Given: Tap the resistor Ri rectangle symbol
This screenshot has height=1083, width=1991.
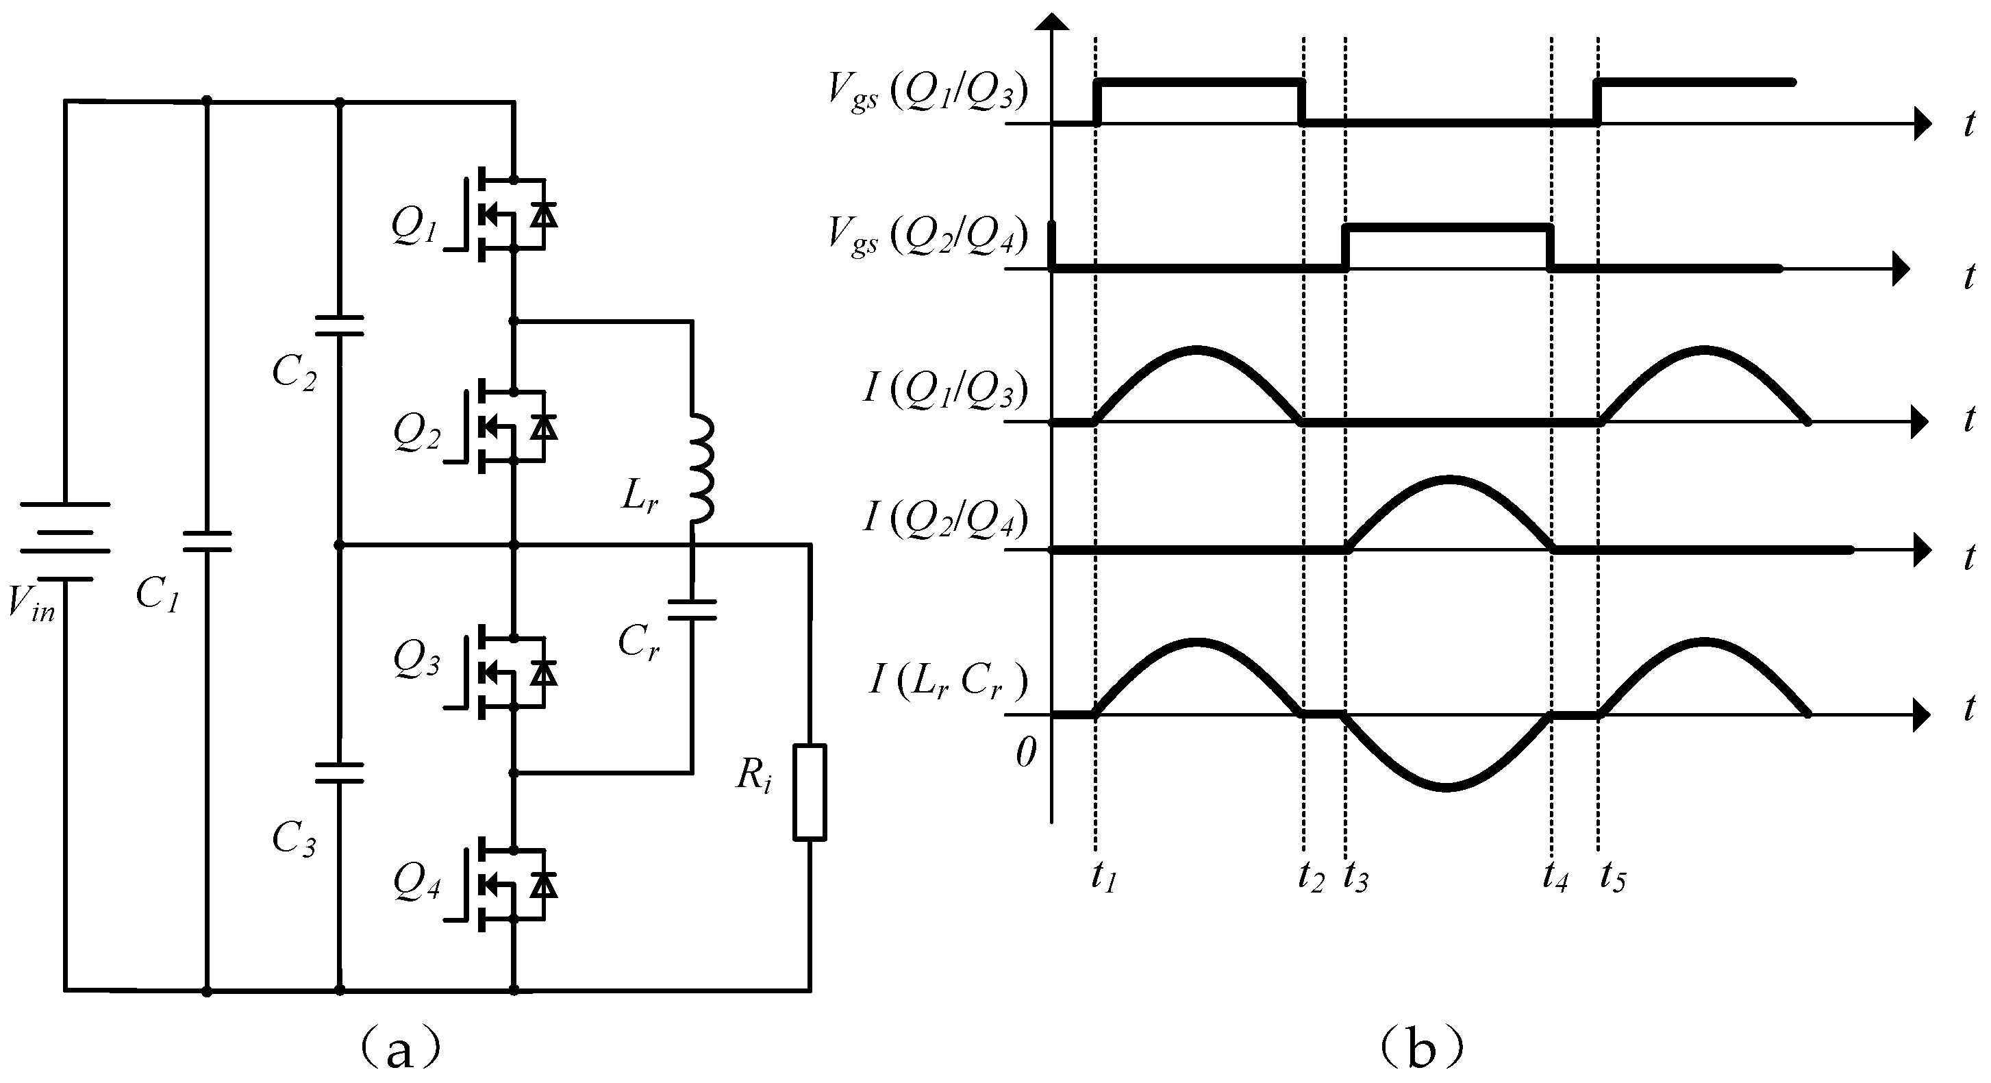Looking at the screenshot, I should tap(810, 792).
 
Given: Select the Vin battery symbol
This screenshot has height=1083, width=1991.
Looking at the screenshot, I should tap(65, 541).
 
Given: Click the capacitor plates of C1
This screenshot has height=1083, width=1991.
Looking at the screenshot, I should tap(206, 541).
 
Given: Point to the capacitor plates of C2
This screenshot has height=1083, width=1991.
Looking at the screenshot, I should tap(339, 325).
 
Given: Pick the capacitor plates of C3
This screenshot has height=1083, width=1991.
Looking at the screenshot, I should tap(339, 772).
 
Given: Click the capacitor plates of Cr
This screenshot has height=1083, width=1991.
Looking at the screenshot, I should tap(692, 610).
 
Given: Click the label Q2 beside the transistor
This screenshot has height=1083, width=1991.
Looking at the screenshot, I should tap(416, 434).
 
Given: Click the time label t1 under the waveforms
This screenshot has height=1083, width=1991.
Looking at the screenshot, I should tap(1103, 878).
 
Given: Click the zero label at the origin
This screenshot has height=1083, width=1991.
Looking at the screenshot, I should tap(1026, 752).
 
